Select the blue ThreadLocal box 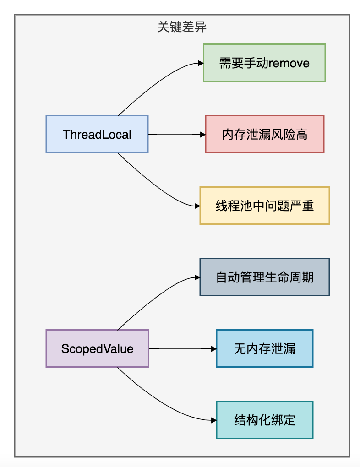point(97,134)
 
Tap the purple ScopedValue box point(97,348)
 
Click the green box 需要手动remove point(264,63)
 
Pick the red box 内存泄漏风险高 point(264,134)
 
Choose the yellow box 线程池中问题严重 point(264,206)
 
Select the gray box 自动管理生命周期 point(264,277)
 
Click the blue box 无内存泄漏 point(264,348)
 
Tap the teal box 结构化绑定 point(264,420)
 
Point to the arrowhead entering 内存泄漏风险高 point(202,135)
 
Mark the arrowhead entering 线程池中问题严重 point(197,206)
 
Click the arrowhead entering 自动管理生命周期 point(197,277)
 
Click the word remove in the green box point(289,63)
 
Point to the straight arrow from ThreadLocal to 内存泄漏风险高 point(176,135)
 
